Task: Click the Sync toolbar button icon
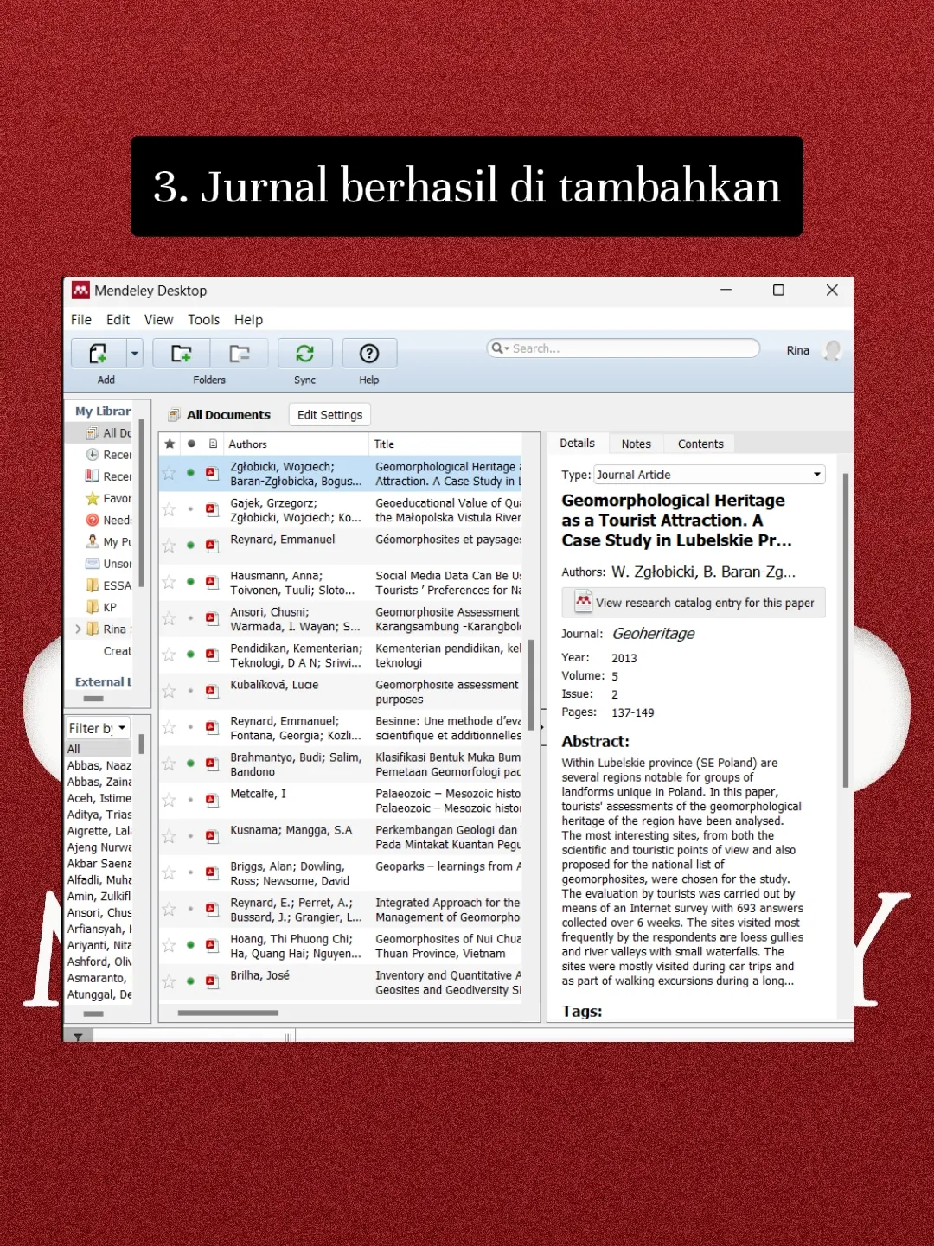pos(304,354)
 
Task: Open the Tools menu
pos(203,320)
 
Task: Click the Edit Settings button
pos(329,415)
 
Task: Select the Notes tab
pos(636,444)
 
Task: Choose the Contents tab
pos(700,444)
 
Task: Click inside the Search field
pos(631,348)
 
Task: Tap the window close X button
pos(832,291)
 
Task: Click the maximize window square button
pos(778,291)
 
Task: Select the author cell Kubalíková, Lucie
pos(274,685)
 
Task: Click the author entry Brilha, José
pos(259,975)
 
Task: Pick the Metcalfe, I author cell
pos(258,794)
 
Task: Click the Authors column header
pos(248,444)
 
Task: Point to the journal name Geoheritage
pos(653,634)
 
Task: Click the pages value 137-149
pos(632,712)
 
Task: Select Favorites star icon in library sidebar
pos(93,499)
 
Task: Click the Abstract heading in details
pos(595,742)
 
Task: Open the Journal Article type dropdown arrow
pos(816,475)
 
